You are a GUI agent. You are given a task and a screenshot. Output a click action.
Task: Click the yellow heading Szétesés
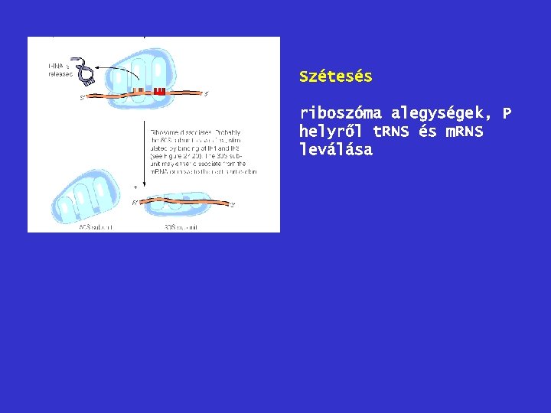pyautogui.click(x=336, y=76)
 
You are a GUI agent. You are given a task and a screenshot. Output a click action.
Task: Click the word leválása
pyautogui.click(x=336, y=150)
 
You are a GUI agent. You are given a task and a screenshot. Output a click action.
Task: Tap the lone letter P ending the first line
pyautogui.click(x=506, y=114)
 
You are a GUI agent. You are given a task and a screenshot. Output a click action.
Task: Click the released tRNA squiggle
pyautogui.click(x=82, y=69)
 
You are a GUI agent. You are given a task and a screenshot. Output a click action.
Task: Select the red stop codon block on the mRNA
pyautogui.click(x=159, y=92)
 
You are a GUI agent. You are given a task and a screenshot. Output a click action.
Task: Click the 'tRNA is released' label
pyautogui.click(x=58, y=70)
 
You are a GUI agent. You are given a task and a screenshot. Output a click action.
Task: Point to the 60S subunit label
pyautogui.click(x=95, y=227)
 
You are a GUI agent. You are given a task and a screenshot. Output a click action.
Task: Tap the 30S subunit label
pyautogui.click(x=181, y=227)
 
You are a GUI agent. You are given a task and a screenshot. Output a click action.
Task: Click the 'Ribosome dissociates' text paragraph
pyautogui.click(x=203, y=151)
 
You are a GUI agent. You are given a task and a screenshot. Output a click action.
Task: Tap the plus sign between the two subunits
pyautogui.click(x=135, y=187)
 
